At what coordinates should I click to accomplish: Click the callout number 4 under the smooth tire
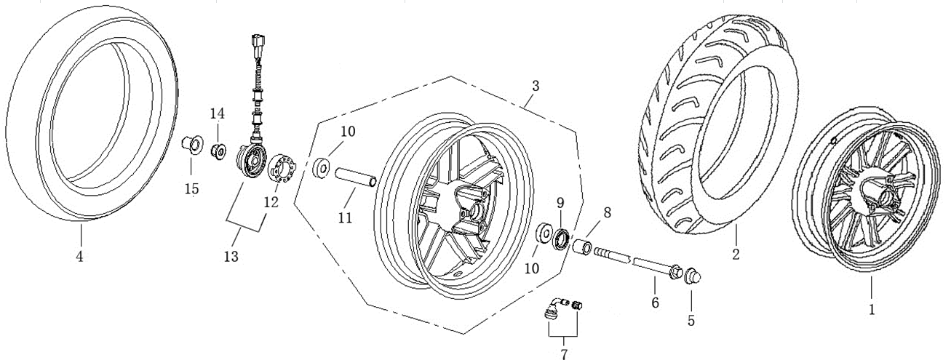(79, 256)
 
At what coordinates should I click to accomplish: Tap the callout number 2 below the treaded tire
(735, 254)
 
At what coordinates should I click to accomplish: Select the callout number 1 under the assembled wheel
(871, 308)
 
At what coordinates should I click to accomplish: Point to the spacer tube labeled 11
(355, 178)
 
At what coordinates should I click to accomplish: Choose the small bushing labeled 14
(216, 153)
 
